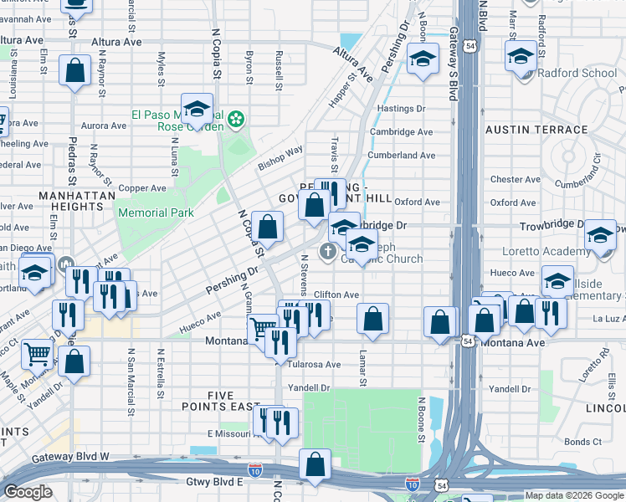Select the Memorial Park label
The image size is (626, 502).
(x=156, y=213)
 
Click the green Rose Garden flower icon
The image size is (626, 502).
(x=237, y=120)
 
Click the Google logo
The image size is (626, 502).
(x=28, y=492)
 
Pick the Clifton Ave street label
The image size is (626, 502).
(x=336, y=295)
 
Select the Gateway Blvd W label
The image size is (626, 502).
(x=71, y=457)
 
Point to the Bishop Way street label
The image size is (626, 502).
(x=280, y=158)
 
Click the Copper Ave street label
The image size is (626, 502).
(x=142, y=188)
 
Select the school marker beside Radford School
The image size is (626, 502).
(x=521, y=58)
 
